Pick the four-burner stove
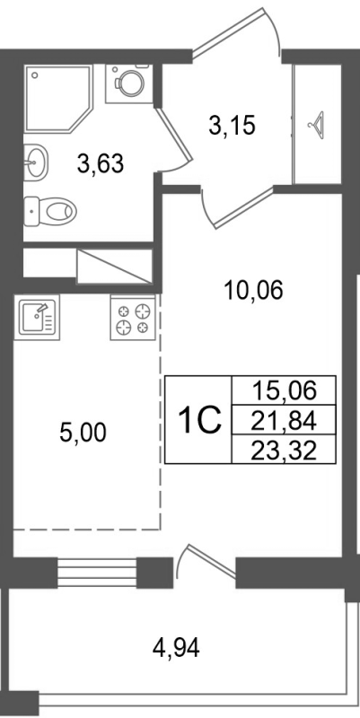135,318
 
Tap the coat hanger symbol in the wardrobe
317,125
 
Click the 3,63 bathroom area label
99,164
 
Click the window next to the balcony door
97,570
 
